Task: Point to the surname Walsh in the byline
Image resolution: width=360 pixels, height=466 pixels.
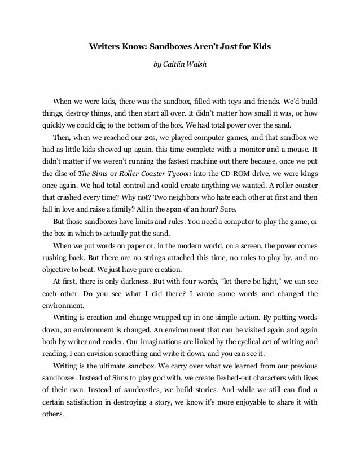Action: [x=197, y=63]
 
